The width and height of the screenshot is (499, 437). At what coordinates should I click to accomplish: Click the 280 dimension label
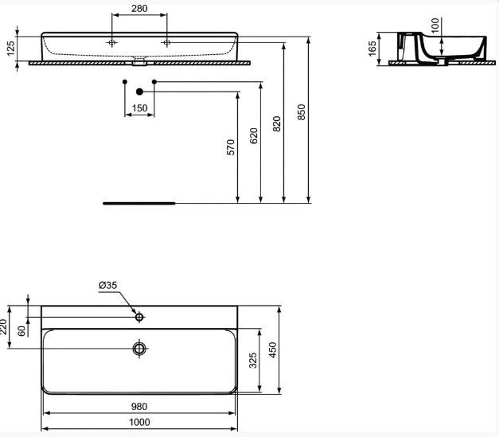[139, 9]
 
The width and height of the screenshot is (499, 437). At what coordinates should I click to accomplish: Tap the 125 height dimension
[10, 49]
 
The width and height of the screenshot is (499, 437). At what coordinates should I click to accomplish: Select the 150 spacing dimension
[140, 108]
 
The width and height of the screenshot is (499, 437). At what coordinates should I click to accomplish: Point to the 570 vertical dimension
[231, 147]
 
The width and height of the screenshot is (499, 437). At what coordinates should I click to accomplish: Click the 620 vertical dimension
[254, 136]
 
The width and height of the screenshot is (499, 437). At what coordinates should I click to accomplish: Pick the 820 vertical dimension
[277, 124]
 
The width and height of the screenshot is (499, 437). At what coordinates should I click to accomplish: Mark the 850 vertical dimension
[301, 112]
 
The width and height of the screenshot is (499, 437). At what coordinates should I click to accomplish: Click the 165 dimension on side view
[372, 49]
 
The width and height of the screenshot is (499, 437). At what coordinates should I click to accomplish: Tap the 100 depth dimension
[435, 25]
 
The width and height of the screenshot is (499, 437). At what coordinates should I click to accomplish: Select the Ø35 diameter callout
[108, 285]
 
